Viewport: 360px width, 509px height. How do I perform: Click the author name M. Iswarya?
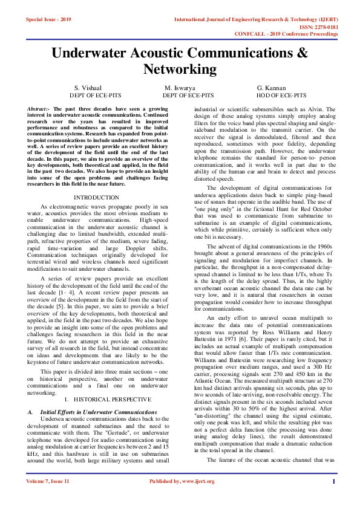pyautogui.click(x=180, y=88)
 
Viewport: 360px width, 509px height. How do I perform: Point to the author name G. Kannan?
pyautogui.click(x=271, y=88)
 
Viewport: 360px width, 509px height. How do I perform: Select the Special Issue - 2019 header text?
pyautogui.click(x=48, y=19)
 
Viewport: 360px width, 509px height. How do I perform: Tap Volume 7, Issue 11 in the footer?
pyautogui.click(x=48, y=498)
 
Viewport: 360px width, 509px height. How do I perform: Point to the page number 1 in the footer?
pyautogui.click(x=333, y=498)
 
